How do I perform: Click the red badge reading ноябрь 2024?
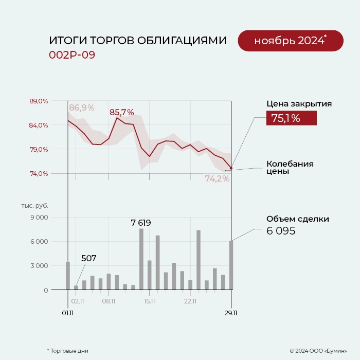point(290,41)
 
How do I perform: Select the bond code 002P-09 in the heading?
point(72,55)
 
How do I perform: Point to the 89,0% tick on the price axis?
point(39,101)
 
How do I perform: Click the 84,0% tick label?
point(39,125)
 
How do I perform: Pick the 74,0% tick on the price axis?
point(39,173)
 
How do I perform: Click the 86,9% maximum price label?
point(82,107)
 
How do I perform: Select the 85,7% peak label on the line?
point(121,112)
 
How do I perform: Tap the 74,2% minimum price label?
point(217,179)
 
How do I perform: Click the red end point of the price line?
point(231,168)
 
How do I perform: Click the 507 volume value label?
point(88,258)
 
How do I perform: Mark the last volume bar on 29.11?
point(231,265)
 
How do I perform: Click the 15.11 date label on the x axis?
point(150,301)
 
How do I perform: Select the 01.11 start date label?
point(68,312)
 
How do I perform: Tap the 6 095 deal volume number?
point(281,231)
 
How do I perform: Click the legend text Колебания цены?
point(290,168)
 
